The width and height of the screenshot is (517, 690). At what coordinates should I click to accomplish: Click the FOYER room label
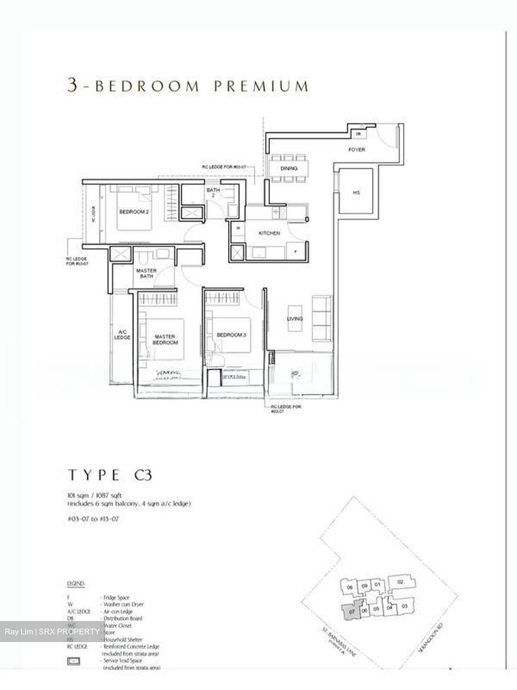(x=357, y=150)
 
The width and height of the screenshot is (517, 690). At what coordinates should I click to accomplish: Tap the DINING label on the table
(x=289, y=168)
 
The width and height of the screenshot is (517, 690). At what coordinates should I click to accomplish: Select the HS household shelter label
(x=356, y=193)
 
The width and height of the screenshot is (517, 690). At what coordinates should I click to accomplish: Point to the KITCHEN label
(x=269, y=233)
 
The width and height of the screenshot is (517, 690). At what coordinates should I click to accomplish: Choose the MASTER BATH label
(x=146, y=273)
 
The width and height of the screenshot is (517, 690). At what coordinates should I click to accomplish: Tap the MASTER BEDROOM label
(x=166, y=339)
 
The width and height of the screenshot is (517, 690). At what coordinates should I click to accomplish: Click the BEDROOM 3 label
(x=231, y=335)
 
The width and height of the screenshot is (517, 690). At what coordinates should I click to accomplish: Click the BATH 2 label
(x=213, y=193)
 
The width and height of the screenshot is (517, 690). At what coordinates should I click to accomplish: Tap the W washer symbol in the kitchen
(x=237, y=228)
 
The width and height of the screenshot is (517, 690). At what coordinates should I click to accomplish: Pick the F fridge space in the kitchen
(x=295, y=251)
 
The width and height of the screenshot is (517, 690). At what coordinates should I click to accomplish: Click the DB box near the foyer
(x=358, y=134)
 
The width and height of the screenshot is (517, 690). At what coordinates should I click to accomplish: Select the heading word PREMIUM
(x=261, y=86)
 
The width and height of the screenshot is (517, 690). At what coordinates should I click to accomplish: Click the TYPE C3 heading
(x=110, y=475)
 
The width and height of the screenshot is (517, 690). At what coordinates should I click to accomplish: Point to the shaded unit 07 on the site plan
(x=352, y=611)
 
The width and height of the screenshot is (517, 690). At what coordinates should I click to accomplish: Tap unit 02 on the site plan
(x=401, y=582)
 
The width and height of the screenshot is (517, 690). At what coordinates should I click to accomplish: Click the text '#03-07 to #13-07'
(x=93, y=519)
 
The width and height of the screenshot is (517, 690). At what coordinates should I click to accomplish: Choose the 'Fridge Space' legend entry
(x=115, y=598)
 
